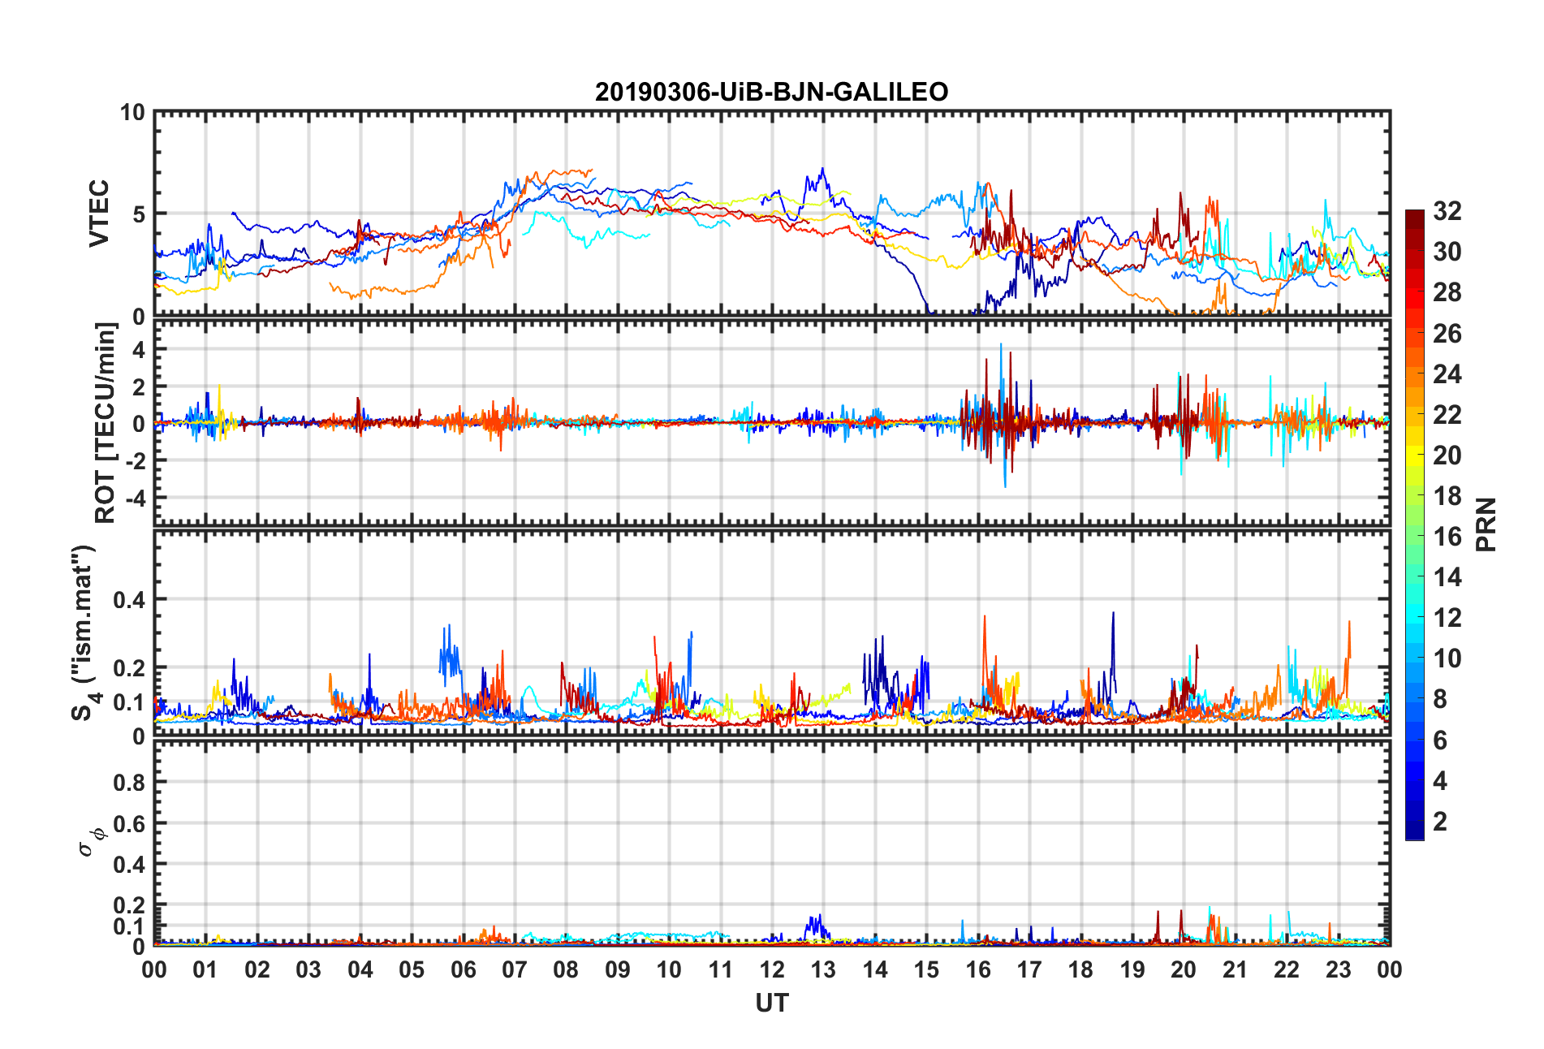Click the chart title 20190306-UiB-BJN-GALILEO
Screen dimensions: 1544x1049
pos(771,92)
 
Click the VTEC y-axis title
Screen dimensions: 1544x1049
pos(99,214)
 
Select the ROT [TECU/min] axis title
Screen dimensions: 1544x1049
pos(106,423)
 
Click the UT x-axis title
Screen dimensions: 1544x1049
pos(771,1004)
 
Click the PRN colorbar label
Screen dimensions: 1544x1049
pos(1486,524)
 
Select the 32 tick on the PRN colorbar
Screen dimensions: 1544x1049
pos(1447,211)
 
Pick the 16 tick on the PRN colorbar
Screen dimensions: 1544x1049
pos(1447,537)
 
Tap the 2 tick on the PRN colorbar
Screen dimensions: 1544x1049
pos(1440,822)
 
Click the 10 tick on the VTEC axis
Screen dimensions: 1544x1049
pos(132,112)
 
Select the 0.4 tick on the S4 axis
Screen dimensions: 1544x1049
pos(128,600)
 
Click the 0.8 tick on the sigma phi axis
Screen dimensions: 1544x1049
pos(128,783)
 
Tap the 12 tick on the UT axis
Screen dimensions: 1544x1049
pos(772,969)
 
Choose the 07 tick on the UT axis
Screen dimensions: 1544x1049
pos(515,969)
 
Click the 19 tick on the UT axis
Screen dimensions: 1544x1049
pos(1132,969)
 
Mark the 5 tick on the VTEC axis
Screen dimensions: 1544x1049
pos(139,214)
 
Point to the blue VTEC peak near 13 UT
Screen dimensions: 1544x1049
pos(822,170)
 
